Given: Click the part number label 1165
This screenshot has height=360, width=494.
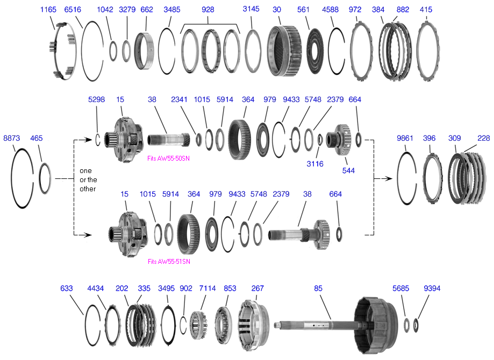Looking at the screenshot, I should coord(48,10).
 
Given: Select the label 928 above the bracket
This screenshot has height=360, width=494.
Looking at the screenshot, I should coord(207,10).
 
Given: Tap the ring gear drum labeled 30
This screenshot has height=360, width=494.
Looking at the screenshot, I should coord(285,51).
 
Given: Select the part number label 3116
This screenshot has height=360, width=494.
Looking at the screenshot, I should coord(315,164).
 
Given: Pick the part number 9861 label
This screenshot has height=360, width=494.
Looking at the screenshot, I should coord(406,138).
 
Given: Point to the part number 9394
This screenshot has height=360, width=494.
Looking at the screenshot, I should coord(432,289).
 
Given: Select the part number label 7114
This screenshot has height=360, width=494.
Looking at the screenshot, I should coord(208,289).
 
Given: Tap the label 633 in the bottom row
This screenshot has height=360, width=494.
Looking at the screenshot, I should coord(67,289).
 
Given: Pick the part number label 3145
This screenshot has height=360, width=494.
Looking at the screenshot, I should coord(251,10).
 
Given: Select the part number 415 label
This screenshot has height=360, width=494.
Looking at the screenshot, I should coord(426,10).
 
